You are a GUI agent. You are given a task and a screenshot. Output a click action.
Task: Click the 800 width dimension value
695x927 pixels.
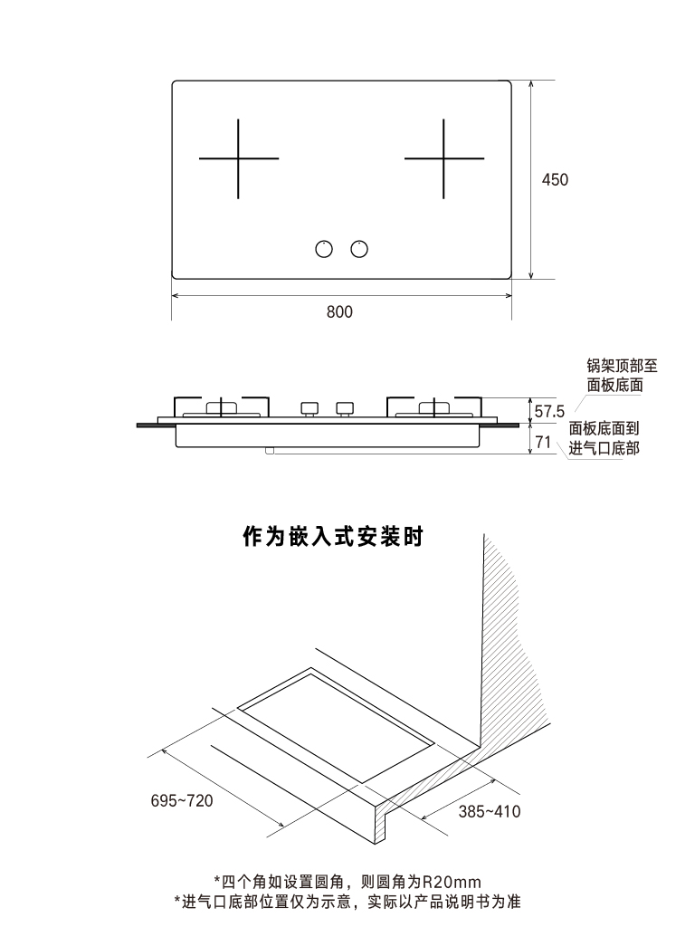pyautogui.click(x=339, y=312)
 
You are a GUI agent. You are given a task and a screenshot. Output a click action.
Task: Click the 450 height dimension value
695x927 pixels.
pyautogui.click(x=555, y=180)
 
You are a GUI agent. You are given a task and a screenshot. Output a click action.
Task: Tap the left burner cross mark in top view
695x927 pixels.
pyautogui.click(x=238, y=159)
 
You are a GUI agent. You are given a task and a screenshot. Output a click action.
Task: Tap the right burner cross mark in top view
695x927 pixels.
pyautogui.click(x=443, y=159)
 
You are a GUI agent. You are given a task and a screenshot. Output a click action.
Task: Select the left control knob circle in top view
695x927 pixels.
pyautogui.click(x=323, y=249)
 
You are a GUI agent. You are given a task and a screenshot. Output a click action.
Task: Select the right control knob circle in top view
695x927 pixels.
pyautogui.click(x=360, y=249)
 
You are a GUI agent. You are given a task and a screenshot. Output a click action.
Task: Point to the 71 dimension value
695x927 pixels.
pyautogui.click(x=543, y=443)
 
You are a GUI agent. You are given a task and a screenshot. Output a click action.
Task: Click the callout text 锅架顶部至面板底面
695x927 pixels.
pyautogui.click(x=622, y=376)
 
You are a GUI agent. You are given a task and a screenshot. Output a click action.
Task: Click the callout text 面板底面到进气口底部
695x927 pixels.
pyautogui.click(x=604, y=439)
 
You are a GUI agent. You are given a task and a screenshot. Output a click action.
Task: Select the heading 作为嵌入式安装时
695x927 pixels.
pyautogui.click(x=333, y=537)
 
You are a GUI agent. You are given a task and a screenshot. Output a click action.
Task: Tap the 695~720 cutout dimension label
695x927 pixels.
pyautogui.click(x=182, y=801)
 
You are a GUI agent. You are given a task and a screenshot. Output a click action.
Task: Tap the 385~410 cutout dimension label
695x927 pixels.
pyautogui.click(x=489, y=812)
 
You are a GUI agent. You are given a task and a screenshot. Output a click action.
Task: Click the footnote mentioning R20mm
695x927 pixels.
pyautogui.click(x=347, y=881)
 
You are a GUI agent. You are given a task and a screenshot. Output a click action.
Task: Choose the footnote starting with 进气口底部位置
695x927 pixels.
pyautogui.click(x=347, y=902)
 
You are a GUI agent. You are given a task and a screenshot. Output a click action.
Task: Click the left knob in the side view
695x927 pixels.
pyautogui.click(x=309, y=409)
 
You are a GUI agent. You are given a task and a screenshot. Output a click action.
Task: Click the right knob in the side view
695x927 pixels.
pyautogui.click(x=344, y=409)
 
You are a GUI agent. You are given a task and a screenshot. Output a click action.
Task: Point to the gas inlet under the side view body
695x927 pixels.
pyautogui.click(x=271, y=450)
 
